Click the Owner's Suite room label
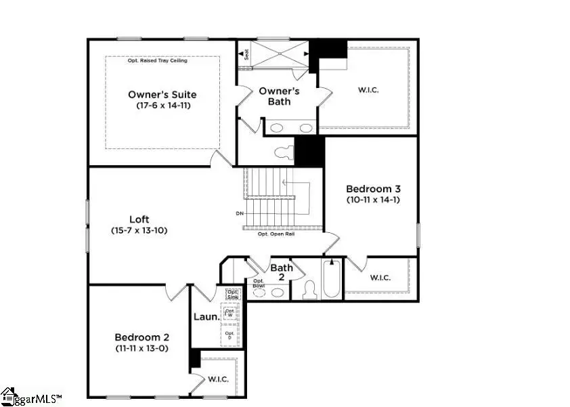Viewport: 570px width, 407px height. (x=162, y=95)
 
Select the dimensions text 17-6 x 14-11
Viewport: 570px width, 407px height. (x=162, y=106)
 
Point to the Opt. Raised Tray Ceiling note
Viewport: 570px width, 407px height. (x=158, y=61)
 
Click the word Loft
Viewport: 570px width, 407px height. (x=139, y=219)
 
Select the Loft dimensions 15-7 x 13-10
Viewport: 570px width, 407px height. (x=139, y=230)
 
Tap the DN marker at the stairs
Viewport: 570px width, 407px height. (x=240, y=214)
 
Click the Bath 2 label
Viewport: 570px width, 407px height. (x=282, y=272)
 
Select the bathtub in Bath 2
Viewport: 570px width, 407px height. (x=331, y=279)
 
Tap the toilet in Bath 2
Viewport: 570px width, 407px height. (x=309, y=290)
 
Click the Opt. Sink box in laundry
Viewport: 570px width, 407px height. (x=234, y=294)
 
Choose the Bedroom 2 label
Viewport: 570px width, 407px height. (x=141, y=337)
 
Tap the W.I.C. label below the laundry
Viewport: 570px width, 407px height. (x=218, y=379)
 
